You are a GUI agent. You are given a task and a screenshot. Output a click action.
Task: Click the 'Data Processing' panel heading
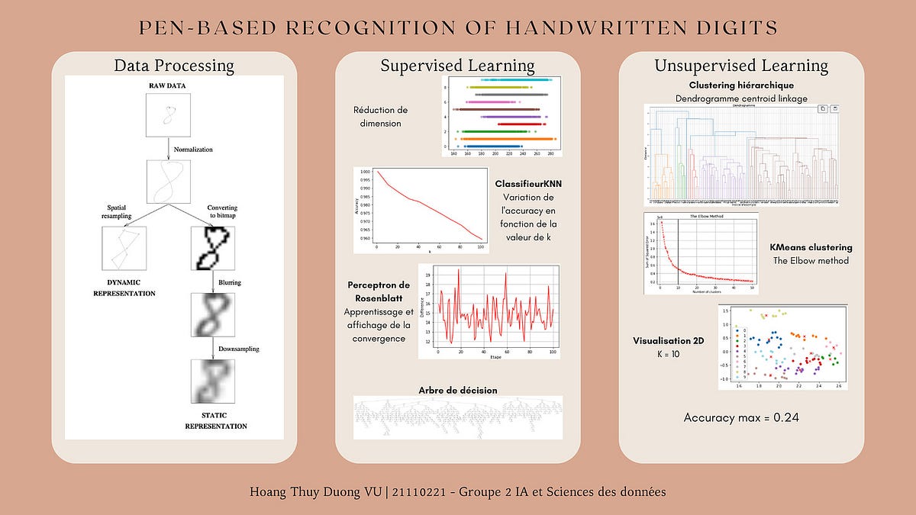[174, 66]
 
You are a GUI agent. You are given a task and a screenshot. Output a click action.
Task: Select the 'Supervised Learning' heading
[457, 66]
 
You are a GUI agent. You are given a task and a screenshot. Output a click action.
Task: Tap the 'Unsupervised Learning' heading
[741, 66]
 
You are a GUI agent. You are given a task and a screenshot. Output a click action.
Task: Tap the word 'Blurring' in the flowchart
[230, 282]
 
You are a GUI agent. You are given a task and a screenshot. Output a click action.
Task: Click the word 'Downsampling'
[238, 349]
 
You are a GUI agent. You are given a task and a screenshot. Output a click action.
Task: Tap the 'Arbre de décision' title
[458, 390]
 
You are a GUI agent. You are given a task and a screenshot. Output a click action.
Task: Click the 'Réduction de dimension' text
[387, 117]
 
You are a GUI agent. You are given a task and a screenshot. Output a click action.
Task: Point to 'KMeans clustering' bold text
[811, 248]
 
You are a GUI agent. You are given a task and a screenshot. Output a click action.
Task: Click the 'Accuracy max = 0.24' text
[741, 417]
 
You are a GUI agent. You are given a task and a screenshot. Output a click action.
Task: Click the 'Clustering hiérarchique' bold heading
[741, 85]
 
